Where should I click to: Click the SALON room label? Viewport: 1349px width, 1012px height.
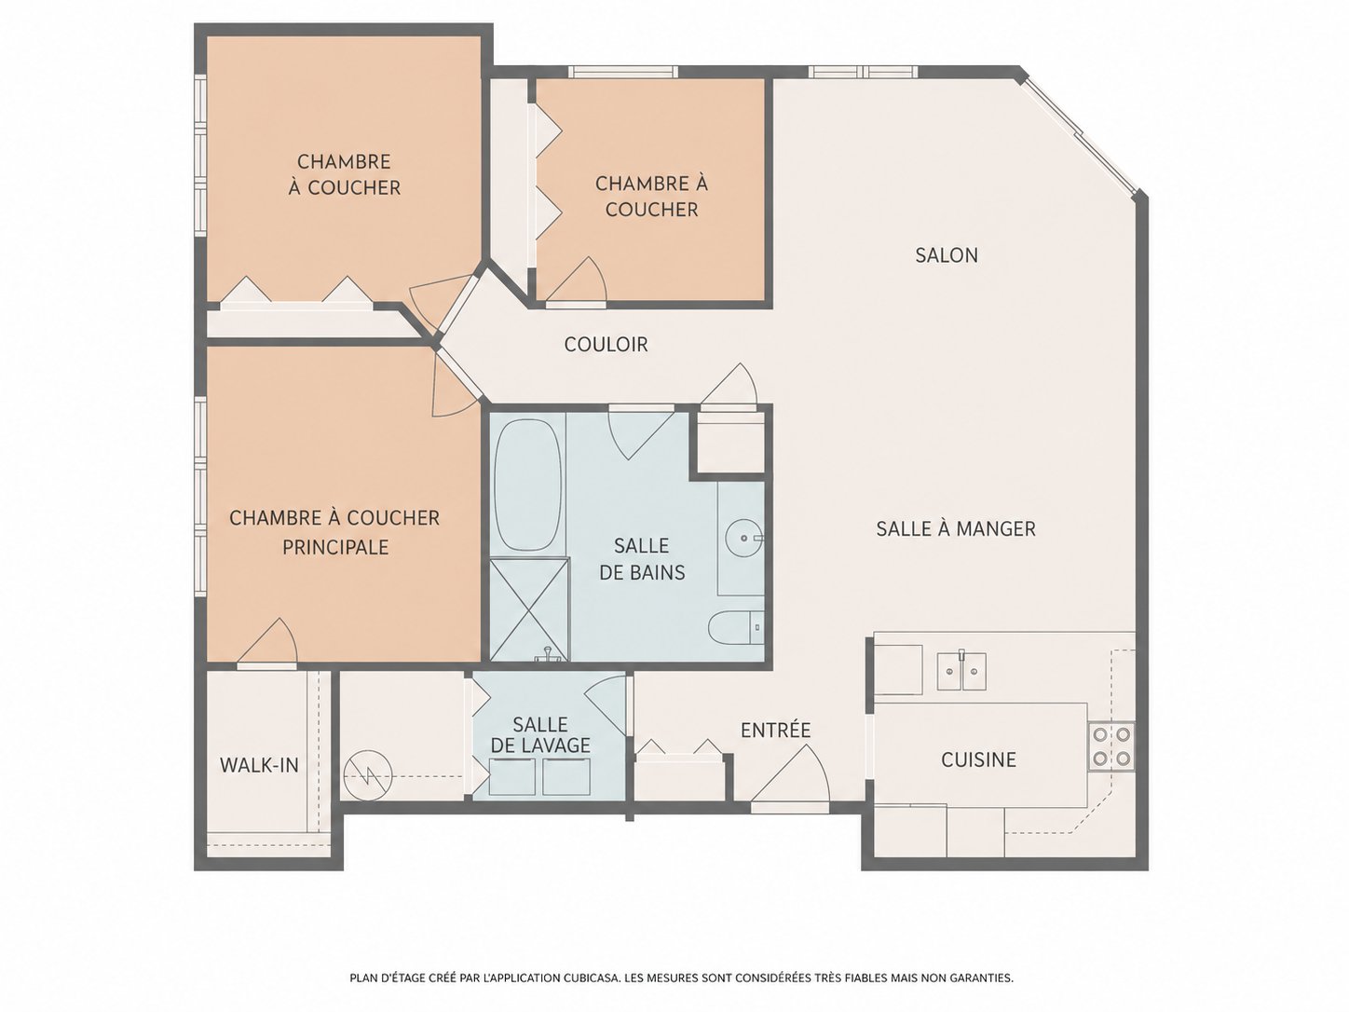[x=946, y=255]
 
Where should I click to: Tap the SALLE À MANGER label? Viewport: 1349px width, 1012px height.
[x=956, y=528]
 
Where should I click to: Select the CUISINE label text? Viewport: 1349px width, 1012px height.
[x=978, y=760]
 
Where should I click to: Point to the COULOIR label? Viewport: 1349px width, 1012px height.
[x=606, y=344]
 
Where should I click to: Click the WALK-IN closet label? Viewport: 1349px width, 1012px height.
[x=259, y=765]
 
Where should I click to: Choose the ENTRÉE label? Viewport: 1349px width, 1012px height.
[x=776, y=730]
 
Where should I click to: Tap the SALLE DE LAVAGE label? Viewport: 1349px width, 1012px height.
[x=540, y=735]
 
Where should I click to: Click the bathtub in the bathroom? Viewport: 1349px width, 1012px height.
[x=528, y=485]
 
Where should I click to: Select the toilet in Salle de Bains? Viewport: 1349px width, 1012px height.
[x=736, y=628]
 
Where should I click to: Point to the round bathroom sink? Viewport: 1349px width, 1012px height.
[x=744, y=539]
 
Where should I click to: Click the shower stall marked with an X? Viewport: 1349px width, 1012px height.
[x=529, y=610]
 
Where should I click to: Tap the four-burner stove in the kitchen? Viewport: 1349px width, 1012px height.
[x=1111, y=747]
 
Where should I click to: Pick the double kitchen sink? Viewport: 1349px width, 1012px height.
[x=961, y=671]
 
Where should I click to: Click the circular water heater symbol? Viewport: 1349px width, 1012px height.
[x=367, y=776]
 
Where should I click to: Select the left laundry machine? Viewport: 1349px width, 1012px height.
[x=512, y=777]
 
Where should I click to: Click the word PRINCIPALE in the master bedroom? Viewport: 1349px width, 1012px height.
[x=335, y=547]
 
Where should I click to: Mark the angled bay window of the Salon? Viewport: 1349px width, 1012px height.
[x=1080, y=140]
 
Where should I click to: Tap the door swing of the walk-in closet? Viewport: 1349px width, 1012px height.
[x=267, y=641]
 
